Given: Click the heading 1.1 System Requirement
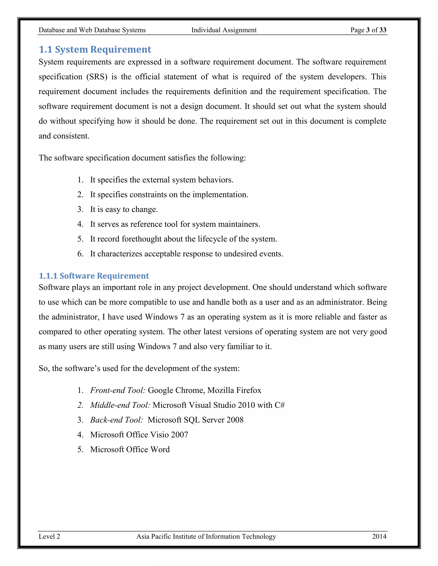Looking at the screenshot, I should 95,49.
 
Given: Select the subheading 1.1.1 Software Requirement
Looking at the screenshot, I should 94,276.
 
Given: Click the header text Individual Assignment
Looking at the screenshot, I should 224,30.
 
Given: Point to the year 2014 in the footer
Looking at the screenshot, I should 379,537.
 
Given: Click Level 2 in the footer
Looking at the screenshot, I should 49,537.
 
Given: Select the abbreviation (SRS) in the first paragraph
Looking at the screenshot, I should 96,77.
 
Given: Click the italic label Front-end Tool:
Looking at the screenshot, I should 118,390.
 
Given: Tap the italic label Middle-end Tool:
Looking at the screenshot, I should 120,405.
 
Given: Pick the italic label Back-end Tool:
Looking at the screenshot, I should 117,420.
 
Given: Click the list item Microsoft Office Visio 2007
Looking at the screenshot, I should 139,435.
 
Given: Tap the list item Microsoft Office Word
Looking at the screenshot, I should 130,449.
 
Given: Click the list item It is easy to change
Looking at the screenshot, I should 124,209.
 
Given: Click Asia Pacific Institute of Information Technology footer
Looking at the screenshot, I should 206,537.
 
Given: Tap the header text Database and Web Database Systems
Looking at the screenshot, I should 92,30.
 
